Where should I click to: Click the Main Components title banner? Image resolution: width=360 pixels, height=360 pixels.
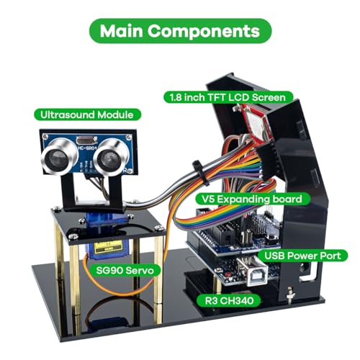(x=180, y=31)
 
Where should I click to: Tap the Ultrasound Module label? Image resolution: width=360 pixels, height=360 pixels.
(x=87, y=114)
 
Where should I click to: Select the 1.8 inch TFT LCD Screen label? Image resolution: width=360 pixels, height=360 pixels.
(x=228, y=97)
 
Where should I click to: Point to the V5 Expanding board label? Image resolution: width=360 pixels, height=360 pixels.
(x=252, y=199)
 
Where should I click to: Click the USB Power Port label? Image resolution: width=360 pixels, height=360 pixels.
(x=303, y=256)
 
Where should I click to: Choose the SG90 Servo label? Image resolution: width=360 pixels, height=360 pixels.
(x=125, y=270)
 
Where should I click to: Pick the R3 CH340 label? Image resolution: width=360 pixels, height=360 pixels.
(x=229, y=300)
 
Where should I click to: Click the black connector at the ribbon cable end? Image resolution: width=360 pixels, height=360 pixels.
(x=266, y=161)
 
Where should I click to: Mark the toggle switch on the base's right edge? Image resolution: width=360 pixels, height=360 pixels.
(x=291, y=295)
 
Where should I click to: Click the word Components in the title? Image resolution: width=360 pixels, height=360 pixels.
(x=204, y=31)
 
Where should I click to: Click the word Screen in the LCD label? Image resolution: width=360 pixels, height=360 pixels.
(x=269, y=97)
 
